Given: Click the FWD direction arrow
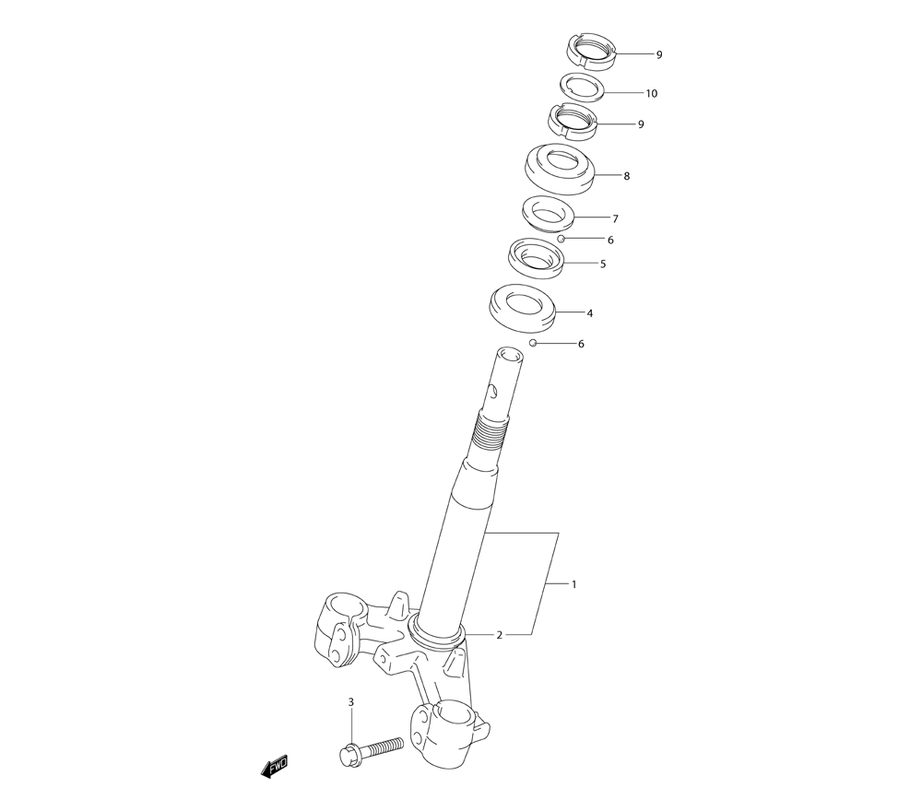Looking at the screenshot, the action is point(275,767).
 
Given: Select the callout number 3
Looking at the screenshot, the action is point(351,701).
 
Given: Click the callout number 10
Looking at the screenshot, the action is point(652,93).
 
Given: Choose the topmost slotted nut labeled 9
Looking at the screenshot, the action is point(592,51).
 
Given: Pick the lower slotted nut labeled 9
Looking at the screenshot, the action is point(573,122).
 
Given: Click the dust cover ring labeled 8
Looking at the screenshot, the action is point(560,170).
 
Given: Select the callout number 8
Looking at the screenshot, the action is point(627,176).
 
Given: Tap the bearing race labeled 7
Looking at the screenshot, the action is point(548,213).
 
